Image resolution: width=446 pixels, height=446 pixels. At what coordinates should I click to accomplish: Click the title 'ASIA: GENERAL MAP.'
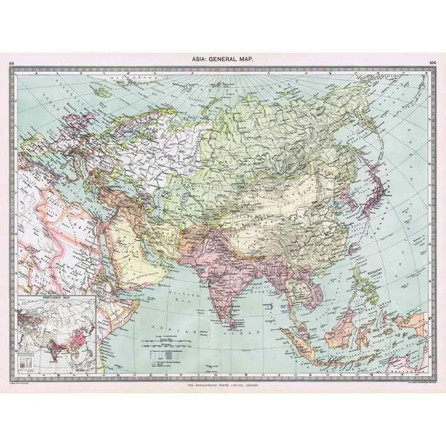(223, 61)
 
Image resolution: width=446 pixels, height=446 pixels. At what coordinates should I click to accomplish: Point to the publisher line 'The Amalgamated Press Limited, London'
(223, 384)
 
